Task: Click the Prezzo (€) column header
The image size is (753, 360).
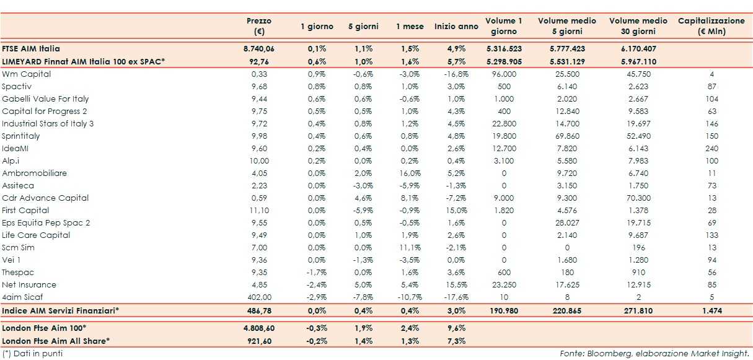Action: click(x=259, y=26)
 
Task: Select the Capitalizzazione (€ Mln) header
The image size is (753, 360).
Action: click(x=711, y=26)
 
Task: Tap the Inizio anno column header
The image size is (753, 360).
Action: click(x=456, y=27)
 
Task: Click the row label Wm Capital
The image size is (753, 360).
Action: click(x=27, y=74)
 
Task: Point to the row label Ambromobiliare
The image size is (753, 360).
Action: click(x=35, y=173)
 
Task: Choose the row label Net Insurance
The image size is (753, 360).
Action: click(x=29, y=284)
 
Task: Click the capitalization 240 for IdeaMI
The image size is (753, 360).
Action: click(x=711, y=148)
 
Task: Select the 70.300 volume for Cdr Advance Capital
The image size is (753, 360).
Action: click(x=638, y=198)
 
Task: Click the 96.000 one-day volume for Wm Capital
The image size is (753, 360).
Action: click(x=504, y=74)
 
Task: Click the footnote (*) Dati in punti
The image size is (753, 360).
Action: click(x=32, y=353)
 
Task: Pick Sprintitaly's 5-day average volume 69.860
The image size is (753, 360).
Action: click(x=567, y=136)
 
